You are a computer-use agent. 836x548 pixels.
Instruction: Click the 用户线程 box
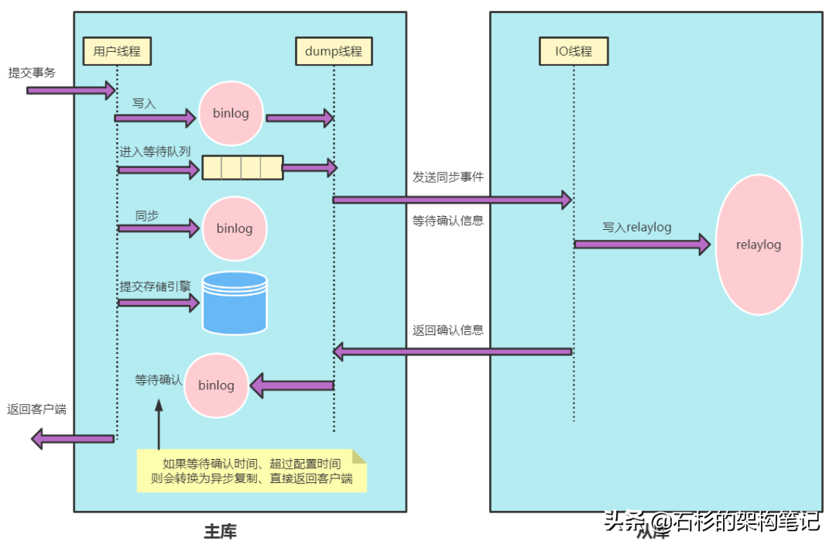[x=117, y=52]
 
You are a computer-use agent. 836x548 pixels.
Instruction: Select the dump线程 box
[x=334, y=52]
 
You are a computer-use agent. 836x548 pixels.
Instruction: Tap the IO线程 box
[x=574, y=52]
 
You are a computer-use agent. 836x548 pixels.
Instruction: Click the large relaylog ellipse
[x=759, y=245]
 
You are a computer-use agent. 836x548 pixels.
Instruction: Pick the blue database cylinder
[x=234, y=302]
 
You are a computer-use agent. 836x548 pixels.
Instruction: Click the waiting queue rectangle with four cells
[x=242, y=167]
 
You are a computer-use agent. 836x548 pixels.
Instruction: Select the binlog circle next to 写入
[x=231, y=113]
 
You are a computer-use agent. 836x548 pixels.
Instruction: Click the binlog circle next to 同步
[x=234, y=229]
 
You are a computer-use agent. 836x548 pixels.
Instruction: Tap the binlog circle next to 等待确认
[x=216, y=385]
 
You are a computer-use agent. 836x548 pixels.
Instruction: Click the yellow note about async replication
[x=251, y=471]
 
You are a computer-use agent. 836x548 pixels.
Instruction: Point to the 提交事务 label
[x=32, y=73]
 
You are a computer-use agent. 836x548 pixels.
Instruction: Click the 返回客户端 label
[x=36, y=409]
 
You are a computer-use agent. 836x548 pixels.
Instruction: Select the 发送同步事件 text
[x=447, y=176]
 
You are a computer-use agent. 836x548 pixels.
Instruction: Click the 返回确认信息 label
[x=447, y=330]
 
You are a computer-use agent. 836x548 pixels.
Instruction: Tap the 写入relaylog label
[x=637, y=228]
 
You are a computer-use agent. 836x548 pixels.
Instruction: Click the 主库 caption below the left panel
[x=221, y=532]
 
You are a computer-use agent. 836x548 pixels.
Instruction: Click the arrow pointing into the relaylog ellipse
[x=642, y=245]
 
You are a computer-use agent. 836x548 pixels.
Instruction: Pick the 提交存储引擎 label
[x=155, y=286]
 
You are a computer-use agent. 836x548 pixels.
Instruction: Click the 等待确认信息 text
[x=447, y=220]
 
